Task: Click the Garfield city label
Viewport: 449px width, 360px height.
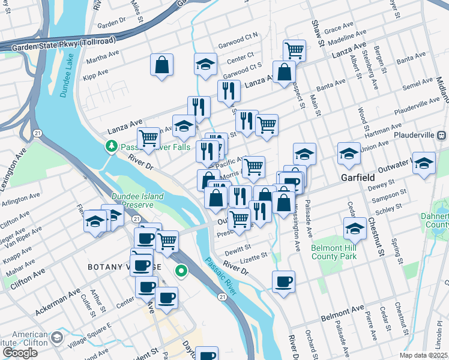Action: [x=358, y=178]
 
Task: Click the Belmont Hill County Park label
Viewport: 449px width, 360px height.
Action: [x=334, y=252]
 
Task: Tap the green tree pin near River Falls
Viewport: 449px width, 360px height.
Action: [x=111, y=146]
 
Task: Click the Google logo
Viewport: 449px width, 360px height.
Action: [x=20, y=353]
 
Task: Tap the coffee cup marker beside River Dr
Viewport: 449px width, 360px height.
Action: [x=283, y=280]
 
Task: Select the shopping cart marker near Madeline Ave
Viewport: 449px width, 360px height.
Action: [x=294, y=50]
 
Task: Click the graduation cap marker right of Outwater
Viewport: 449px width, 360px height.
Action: [x=424, y=163]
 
